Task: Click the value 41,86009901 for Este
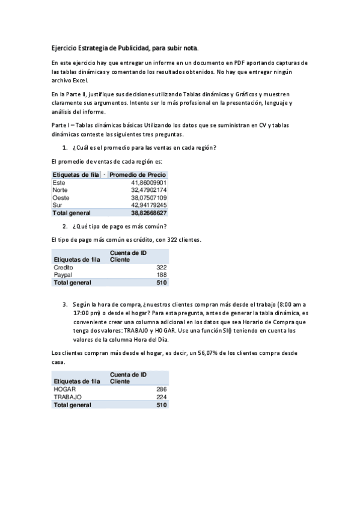pyautogui.click(x=149, y=182)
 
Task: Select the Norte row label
pyautogui.click(x=60, y=190)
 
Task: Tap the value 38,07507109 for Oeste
pyautogui.click(x=149, y=197)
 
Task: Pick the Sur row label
pyautogui.click(x=58, y=205)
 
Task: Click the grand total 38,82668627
pyautogui.click(x=149, y=213)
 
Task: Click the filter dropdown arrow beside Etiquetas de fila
pyautogui.click(x=105, y=174)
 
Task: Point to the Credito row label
pyautogui.click(x=64, y=267)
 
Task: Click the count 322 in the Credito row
pyautogui.click(x=161, y=267)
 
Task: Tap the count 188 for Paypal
pyautogui.click(x=161, y=275)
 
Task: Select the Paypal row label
pyautogui.click(x=63, y=275)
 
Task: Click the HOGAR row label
pyautogui.click(x=65, y=389)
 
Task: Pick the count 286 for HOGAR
pyautogui.click(x=161, y=389)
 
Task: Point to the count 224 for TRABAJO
pyautogui.click(x=161, y=397)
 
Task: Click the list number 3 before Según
pyautogui.click(x=64, y=304)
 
